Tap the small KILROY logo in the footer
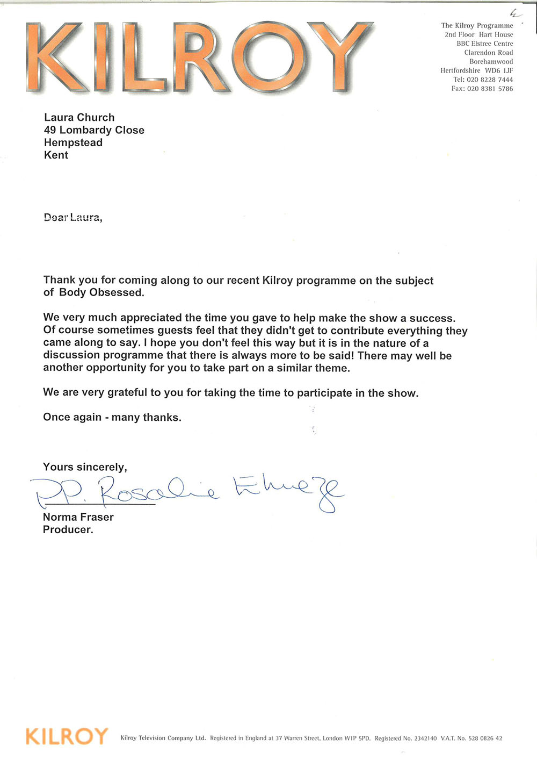point(67,736)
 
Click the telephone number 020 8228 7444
point(490,80)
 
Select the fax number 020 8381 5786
point(490,89)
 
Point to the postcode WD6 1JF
point(499,70)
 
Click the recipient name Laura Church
point(79,117)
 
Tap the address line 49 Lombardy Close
point(94,130)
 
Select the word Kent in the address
point(56,155)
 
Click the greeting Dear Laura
point(72,218)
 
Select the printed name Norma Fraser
point(78,517)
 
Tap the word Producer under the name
point(68,529)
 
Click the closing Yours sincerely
point(85,467)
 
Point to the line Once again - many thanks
point(112,417)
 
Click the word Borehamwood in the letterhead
point(491,62)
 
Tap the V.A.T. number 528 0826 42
point(485,739)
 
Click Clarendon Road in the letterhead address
point(488,53)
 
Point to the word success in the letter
point(432,318)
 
